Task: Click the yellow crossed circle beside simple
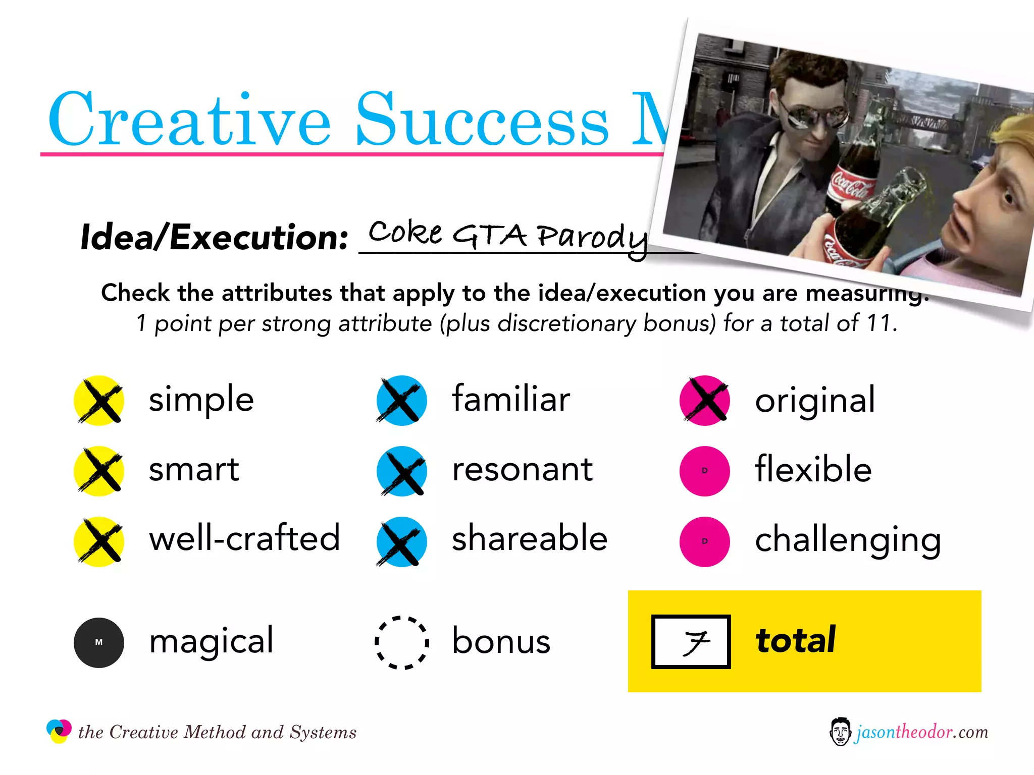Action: [x=99, y=400]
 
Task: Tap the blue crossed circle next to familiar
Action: [x=401, y=400]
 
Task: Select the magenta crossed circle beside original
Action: [x=705, y=400]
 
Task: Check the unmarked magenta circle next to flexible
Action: [x=705, y=471]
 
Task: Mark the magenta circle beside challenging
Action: [x=705, y=541]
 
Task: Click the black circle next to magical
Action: [x=99, y=642]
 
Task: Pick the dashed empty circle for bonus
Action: [x=401, y=642]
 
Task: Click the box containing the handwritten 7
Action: [x=691, y=641]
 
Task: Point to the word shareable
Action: [x=529, y=538]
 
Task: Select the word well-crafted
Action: [x=244, y=538]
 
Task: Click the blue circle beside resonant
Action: [x=401, y=471]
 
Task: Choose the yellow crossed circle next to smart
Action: [x=99, y=471]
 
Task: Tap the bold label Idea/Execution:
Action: [x=214, y=237]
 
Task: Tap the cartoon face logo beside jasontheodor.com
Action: [x=840, y=732]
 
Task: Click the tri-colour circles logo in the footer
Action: [x=59, y=731]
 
